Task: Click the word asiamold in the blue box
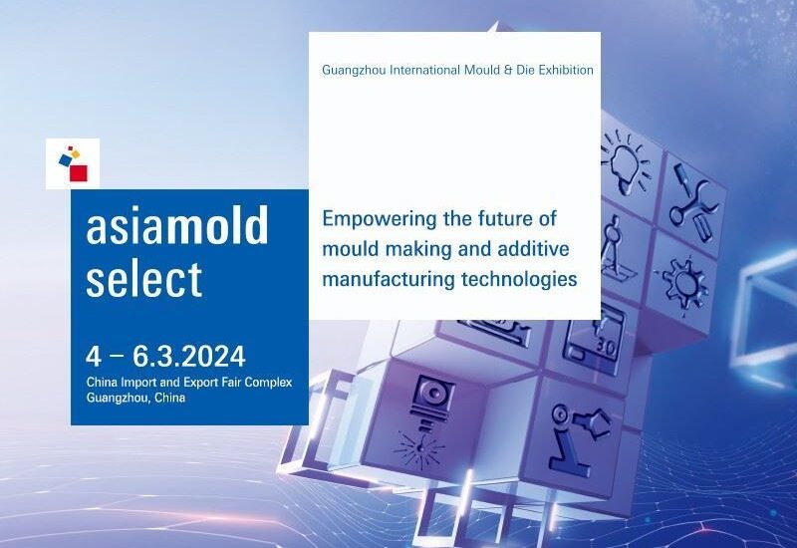(x=177, y=225)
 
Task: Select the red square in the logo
(x=79, y=172)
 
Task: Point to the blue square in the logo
(x=65, y=160)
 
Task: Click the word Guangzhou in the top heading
(x=354, y=70)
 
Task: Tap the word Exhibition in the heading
(x=566, y=70)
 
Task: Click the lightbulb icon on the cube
(x=626, y=160)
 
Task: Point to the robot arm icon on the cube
(x=578, y=437)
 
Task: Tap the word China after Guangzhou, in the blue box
(x=169, y=398)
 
